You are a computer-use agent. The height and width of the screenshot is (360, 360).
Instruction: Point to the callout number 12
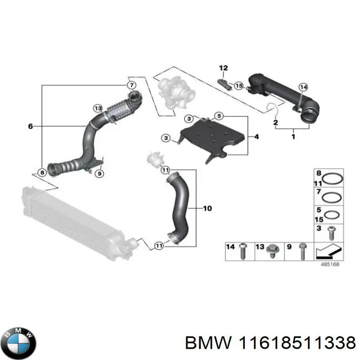224,68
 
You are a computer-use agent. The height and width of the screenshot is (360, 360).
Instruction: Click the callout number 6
30,127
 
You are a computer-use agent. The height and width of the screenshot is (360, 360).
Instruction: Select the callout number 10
207,208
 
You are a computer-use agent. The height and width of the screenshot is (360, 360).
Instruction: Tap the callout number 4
256,136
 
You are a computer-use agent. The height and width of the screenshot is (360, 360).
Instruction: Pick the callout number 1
293,136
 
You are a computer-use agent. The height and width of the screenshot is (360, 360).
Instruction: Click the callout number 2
276,122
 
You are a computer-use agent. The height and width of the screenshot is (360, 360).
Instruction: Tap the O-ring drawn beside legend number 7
333,197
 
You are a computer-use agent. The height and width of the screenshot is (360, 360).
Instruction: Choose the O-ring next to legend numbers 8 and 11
333,178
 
